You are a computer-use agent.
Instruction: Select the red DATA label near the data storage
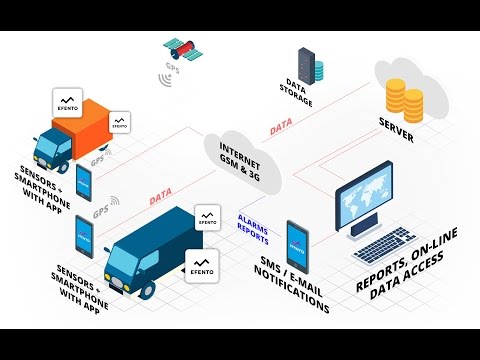[x=283, y=128]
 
